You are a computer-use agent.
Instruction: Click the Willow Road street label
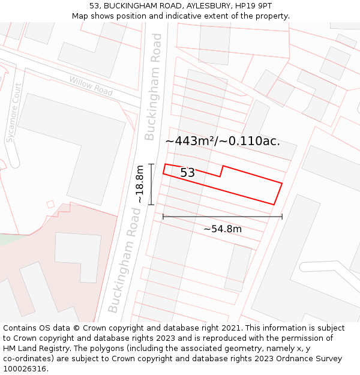click(x=91, y=86)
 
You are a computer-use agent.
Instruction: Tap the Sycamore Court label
click(x=14, y=121)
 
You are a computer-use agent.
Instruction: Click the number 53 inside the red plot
click(x=187, y=173)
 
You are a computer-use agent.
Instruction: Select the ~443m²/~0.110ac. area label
click(x=223, y=141)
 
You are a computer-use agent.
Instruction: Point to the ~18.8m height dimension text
click(x=140, y=184)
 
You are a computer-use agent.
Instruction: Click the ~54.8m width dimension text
click(x=222, y=229)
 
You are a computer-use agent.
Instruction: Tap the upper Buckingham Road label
click(x=154, y=86)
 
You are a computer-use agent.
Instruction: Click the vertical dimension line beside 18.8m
click(x=151, y=184)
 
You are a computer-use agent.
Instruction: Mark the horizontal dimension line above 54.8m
click(x=222, y=217)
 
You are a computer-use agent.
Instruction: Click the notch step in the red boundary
click(x=221, y=171)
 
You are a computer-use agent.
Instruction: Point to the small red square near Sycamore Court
click(x=50, y=204)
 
